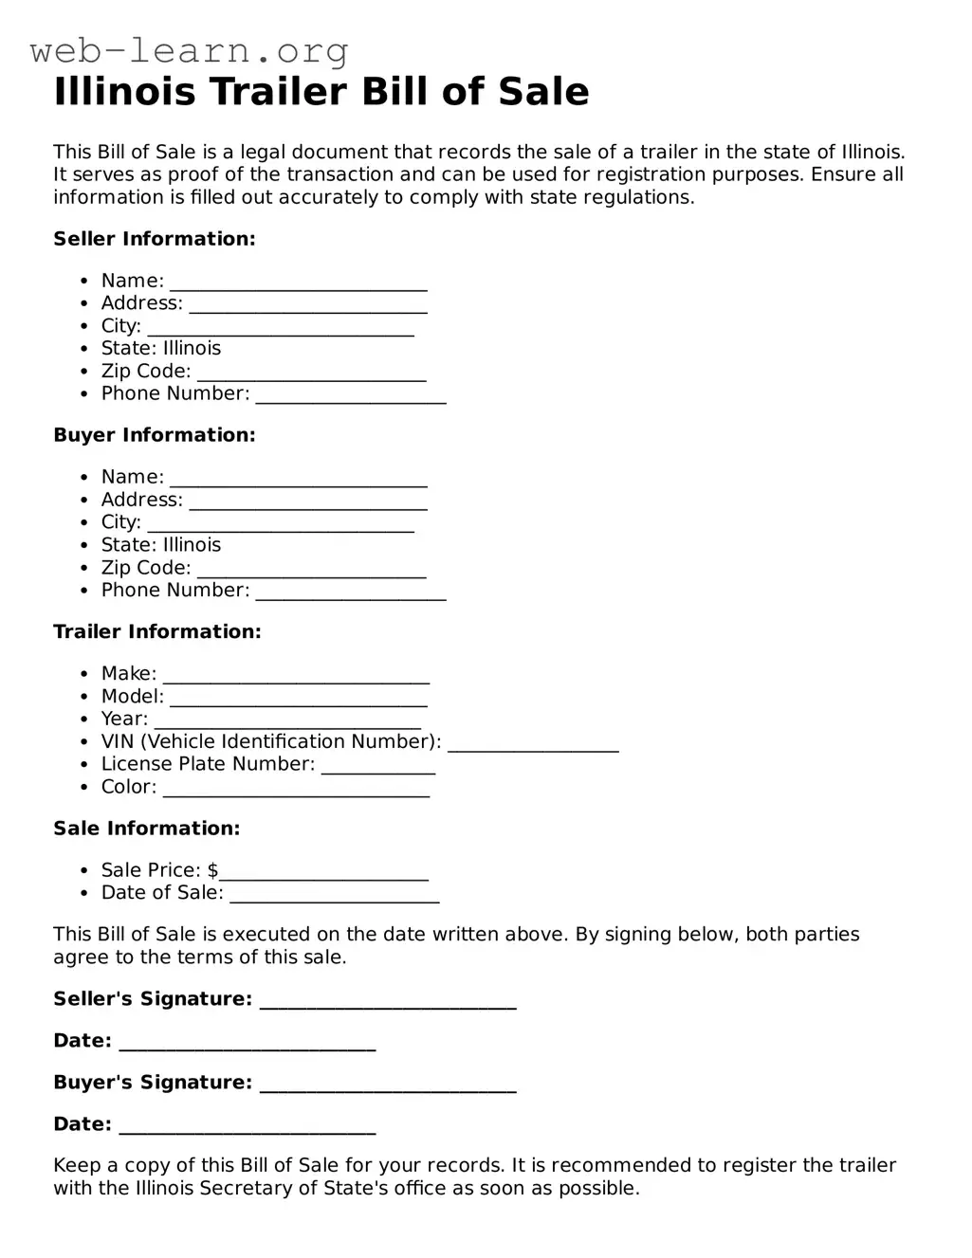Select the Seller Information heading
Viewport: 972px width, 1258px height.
coord(155,239)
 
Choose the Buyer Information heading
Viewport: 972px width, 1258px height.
coord(155,435)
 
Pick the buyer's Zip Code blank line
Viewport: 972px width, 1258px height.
coord(312,570)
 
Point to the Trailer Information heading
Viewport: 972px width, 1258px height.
coord(157,631)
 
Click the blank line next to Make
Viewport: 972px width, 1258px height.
coord(296,676)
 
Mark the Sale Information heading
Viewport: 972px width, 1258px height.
coord(147,829)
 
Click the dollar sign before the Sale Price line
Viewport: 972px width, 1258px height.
coord(213,870)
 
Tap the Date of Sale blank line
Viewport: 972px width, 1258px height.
coord(335,895)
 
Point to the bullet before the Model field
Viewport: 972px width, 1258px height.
coord(84,697)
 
